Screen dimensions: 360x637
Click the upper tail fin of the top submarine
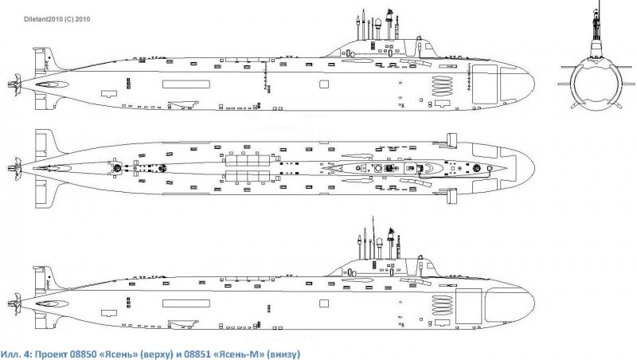41,60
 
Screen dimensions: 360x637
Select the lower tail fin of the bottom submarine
41,323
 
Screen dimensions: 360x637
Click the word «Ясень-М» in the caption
242,351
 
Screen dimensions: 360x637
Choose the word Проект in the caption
53,351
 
